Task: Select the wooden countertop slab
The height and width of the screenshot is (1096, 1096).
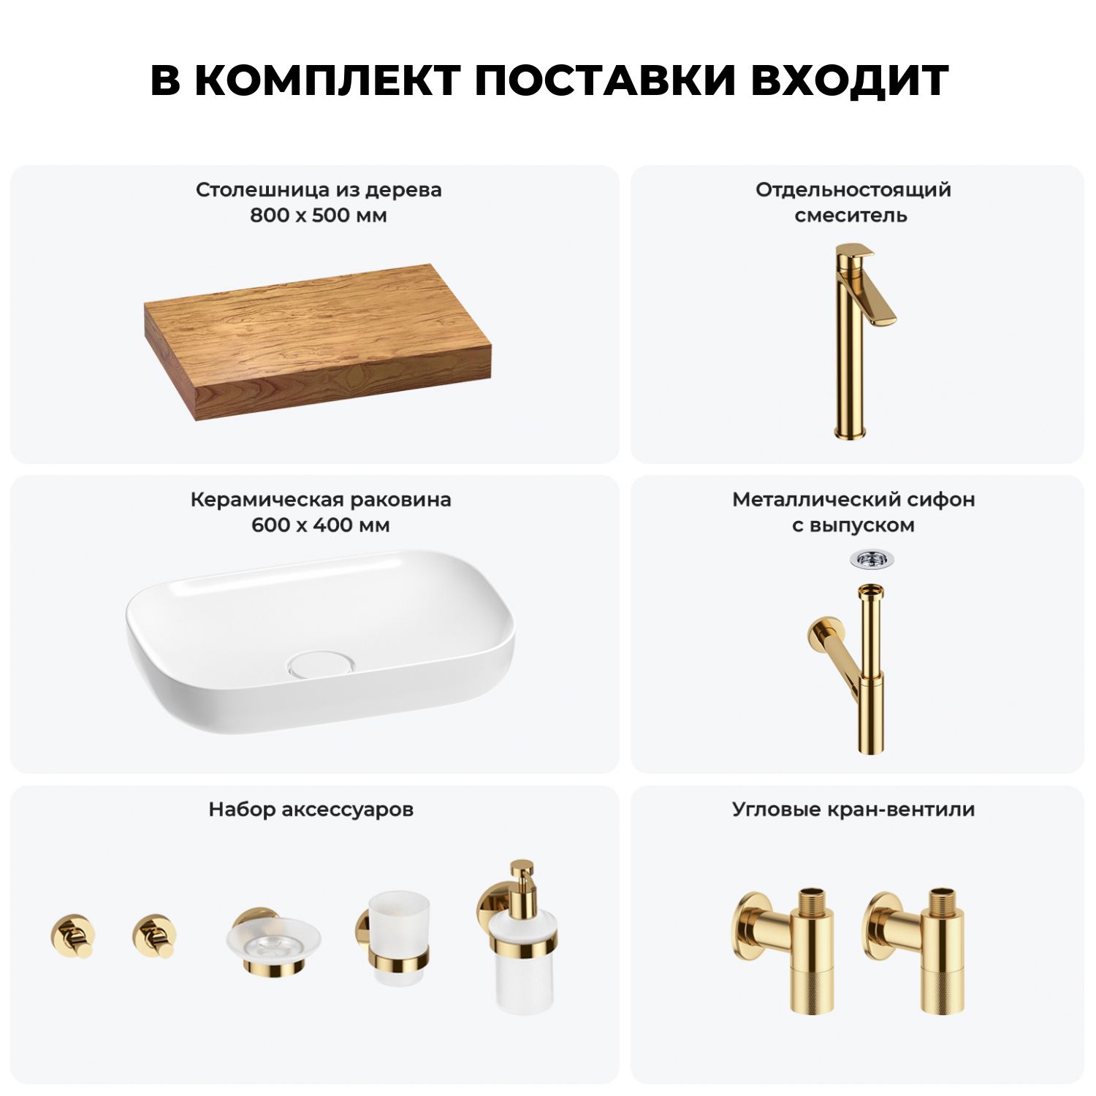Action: point(317,342)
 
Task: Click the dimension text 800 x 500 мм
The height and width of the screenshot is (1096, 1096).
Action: point(319,216)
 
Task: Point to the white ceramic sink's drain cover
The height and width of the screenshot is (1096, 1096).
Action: point(321,664)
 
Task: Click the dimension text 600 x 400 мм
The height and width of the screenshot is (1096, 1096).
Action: point(320,525)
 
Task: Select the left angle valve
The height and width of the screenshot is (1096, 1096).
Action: point(785,950)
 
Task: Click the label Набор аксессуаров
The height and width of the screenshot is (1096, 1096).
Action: point(311,810)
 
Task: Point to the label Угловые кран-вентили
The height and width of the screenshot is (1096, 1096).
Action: point(853,810)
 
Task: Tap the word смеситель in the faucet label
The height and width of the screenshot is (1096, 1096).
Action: point(851,216)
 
